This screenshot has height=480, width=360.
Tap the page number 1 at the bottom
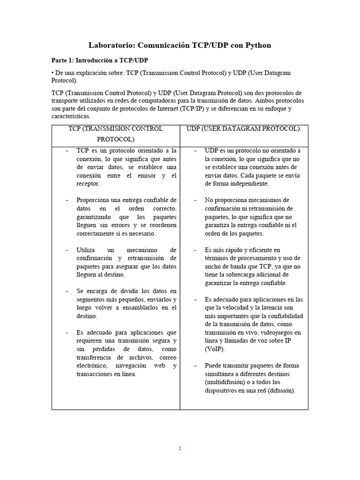[x=180, y=448]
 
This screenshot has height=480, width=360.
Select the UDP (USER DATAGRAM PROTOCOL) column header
[x=244, y=128]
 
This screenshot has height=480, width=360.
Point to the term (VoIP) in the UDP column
[x=215, y=349]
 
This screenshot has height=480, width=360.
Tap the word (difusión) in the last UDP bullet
[x=281, y=390]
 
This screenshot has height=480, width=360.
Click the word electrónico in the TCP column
[x=91, y=366]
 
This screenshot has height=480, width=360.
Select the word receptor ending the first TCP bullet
[x=88, y=184]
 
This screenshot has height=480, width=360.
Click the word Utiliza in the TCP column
[x=86, y=250]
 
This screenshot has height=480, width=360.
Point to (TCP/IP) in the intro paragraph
[x=231, y=109]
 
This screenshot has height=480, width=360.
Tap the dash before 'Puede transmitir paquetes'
[x=195, y=366]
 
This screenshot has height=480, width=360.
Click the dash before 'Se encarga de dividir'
[x=67, y=291]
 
